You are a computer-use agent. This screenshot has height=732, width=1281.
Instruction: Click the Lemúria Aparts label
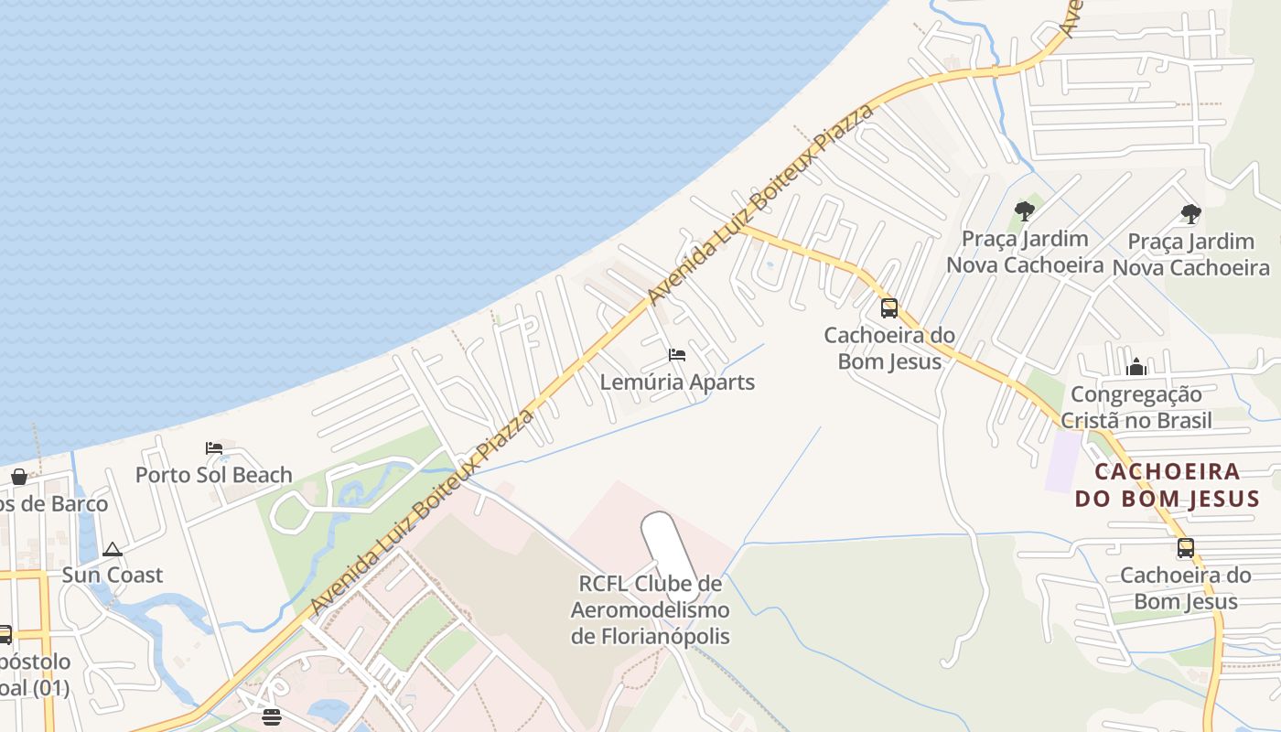pos(677,382)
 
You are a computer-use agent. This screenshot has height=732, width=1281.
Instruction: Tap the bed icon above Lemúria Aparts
pos(677,355)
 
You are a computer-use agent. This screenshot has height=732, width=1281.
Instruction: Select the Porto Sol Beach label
pos(213,475)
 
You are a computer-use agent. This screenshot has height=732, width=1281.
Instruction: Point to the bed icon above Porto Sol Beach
pos(214,447)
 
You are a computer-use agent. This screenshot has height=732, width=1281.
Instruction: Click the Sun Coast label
pos(112,576)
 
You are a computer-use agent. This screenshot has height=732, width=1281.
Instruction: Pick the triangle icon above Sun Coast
pos(113,549)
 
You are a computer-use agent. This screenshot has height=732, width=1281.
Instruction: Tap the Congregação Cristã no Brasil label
pos(1136,407)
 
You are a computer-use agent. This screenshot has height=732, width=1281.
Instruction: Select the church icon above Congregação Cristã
pos(1136,367)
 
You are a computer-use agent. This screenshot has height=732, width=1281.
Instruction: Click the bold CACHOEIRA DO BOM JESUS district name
pos(1167,485)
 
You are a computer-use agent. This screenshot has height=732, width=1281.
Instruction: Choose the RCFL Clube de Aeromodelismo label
pos(650,608)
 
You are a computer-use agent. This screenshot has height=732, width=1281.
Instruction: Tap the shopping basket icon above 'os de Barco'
pos(18,477)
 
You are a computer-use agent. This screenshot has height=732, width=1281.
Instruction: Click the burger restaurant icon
pos(271,716)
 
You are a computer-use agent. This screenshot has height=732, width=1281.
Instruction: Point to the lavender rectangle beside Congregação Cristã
pos(1063,460)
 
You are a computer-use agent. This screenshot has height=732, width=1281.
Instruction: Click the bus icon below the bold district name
pos(1186,548)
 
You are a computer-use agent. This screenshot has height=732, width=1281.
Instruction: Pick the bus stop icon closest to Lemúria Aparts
pos(888,308)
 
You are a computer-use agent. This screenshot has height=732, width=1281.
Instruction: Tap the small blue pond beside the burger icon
pos(328,710)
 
